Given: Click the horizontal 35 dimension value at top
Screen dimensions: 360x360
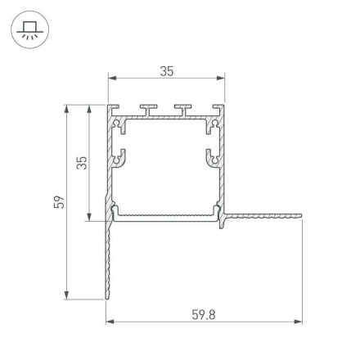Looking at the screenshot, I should click(x=166, y=71).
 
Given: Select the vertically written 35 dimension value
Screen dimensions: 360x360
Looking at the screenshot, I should click(x=80, y=162).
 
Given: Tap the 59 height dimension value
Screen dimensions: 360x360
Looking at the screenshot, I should click(x=58, y=201).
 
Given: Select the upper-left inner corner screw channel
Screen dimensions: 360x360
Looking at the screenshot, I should click(x=120, y=124).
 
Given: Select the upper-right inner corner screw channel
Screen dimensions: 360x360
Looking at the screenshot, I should click(x=215, y=124).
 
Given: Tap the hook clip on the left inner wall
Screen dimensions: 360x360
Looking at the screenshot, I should click(x=121, y=157).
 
